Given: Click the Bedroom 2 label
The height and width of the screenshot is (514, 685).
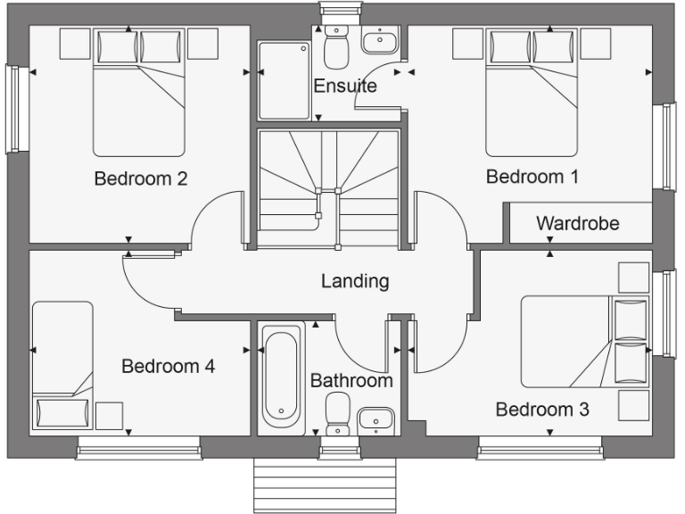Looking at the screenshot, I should pos(140,178).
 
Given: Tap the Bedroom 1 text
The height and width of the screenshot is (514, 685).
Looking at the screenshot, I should pos(532,177).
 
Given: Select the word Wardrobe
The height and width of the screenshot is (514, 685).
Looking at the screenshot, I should pos(577,223).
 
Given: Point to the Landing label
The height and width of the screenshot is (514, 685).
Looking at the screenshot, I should pos(355,281).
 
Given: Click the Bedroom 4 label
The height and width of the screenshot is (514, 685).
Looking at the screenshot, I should pos(168,366).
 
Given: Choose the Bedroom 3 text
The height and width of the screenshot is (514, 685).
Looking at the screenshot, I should pos(541,410).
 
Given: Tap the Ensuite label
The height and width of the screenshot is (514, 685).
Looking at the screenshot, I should pos(344,87).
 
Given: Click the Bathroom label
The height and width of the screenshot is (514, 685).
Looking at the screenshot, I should pos(351,381).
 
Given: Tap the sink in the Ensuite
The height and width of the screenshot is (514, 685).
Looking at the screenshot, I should pos(381,40).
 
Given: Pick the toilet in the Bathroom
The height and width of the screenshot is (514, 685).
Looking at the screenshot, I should pos(337,415).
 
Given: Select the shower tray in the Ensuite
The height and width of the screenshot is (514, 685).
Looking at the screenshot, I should pos(284,80).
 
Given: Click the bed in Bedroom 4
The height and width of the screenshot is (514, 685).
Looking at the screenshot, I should pos(62,366).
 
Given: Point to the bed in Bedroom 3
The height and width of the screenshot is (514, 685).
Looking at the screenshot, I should pos(580,342).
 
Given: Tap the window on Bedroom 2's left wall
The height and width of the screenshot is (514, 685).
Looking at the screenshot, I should pos(12,109).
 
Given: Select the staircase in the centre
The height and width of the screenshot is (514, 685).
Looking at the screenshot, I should pos(327,188).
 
